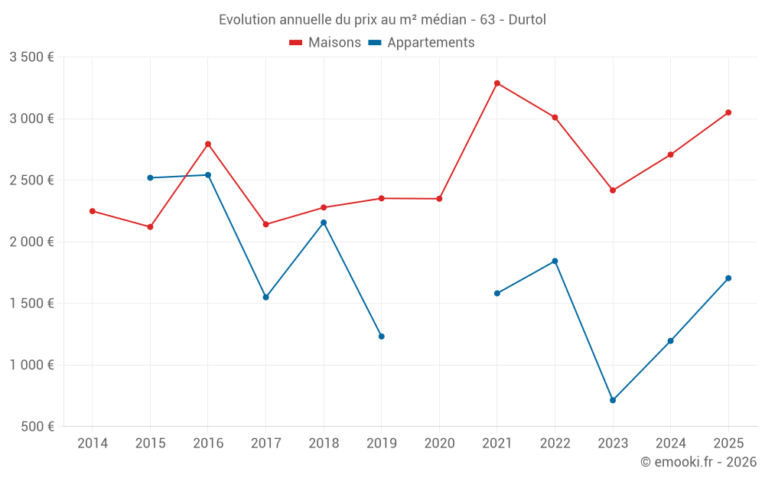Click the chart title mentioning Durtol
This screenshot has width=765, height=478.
(x=382, y=19)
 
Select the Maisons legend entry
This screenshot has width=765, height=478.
(x=325, y=43)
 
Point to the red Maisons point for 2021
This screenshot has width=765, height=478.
(x=497, y=83)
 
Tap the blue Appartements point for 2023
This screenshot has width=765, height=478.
(x=613, y=400)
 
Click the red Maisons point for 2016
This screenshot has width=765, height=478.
(x=208, y=144)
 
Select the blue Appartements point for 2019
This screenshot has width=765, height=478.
(x=382, y=337)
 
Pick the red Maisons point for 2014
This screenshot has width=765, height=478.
(x=93, y=211)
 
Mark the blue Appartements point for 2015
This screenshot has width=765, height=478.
(x=150, y=177)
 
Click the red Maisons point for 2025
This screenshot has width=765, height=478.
(x=728, y=112)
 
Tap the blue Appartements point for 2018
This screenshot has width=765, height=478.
(x=324, y=223)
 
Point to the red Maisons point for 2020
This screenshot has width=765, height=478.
(x=439, y=199)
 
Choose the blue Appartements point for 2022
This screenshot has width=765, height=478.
(x=555, y=261)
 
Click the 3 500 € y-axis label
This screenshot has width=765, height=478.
(x=31, y=57)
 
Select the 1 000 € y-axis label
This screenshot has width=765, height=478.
(x=31, y=365)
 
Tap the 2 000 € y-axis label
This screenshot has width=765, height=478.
(x=31, y=242)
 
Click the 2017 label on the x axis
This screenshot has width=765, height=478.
(x=265, y=443)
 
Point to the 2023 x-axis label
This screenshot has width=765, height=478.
(x=613, y=443)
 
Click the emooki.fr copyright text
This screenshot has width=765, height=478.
(x=698, y=462)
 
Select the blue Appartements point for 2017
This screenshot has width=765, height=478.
(x=265, y=297)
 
